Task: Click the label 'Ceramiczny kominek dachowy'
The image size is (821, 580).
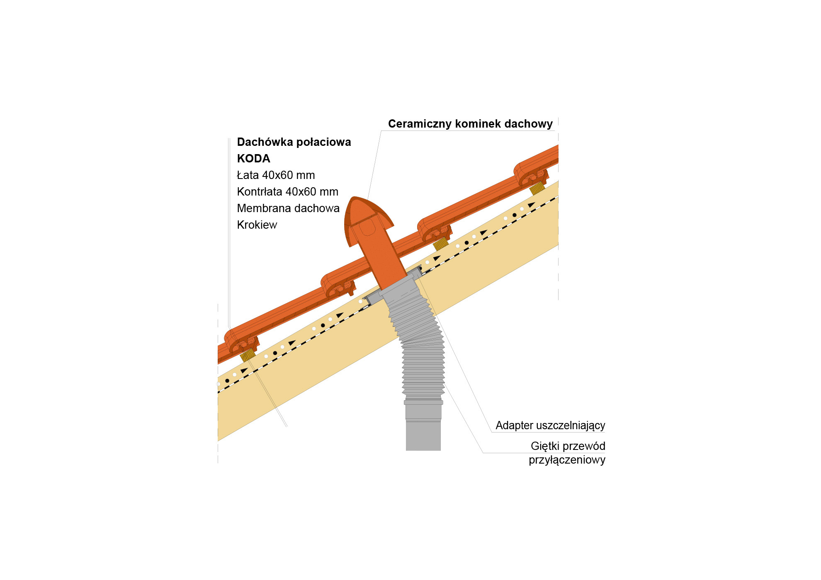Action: [470, 124]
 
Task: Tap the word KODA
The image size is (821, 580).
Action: [253, 159]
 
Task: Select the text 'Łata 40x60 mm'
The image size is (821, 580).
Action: [276, 175]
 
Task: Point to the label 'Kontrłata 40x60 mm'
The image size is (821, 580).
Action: [287, 192]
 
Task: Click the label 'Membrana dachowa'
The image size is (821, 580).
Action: [288, 208]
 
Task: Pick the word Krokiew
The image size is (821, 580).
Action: [257, 225]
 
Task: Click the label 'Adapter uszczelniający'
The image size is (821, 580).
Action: [550, 425]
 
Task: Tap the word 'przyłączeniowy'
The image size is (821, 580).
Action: [567, 460]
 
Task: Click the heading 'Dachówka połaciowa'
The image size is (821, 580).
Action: [294, 142]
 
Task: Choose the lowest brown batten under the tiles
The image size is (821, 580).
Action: [248, 355]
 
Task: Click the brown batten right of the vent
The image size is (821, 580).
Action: [440, 244]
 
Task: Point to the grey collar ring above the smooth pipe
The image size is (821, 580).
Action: [423, 402]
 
